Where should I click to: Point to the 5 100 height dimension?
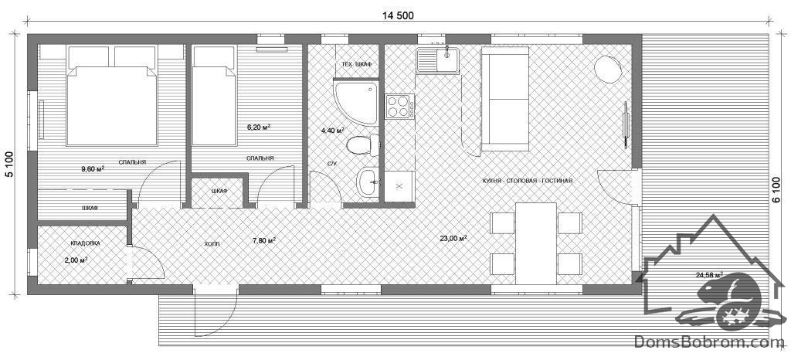click(9, 163)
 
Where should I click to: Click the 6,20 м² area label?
click(258, 127)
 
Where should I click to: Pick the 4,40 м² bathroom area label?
click(332, 130)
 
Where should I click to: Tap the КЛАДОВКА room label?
click(85, 243)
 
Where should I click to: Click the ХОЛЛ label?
click(212, 243)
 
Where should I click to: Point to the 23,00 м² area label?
click(453, 239)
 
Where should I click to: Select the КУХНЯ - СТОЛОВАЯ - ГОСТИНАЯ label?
click(527, 181)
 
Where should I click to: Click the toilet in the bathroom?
click(363, 145)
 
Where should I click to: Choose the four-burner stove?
click(400, 107)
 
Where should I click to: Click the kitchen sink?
click(437, 59)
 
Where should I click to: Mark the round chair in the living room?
click(608, 69)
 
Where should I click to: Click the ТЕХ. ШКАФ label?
click(356, 64)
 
